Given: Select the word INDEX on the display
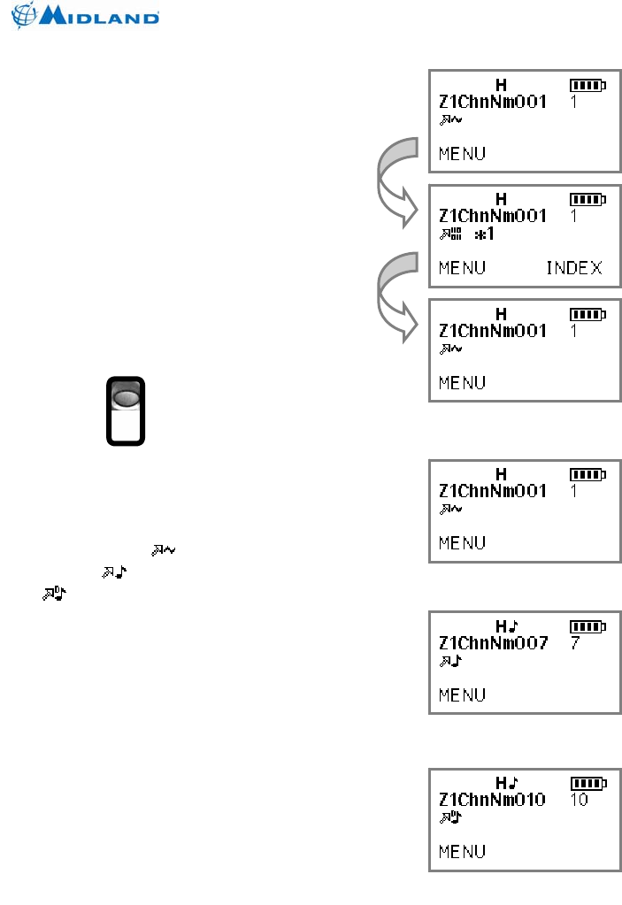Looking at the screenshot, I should tap(573, 267).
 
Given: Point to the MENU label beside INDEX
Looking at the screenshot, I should tap(462, 267).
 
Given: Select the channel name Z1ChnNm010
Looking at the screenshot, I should tap(493, 800).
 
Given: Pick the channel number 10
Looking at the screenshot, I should tap(580, 800).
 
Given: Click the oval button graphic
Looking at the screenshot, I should tap(126, 398).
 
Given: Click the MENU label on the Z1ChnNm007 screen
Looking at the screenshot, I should tap(462, 694).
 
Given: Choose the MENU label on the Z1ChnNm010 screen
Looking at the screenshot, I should tap(462, 851).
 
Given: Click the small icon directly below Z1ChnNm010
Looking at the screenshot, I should tap(450, 817).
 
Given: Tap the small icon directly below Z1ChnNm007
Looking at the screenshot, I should tap(450, 660).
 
